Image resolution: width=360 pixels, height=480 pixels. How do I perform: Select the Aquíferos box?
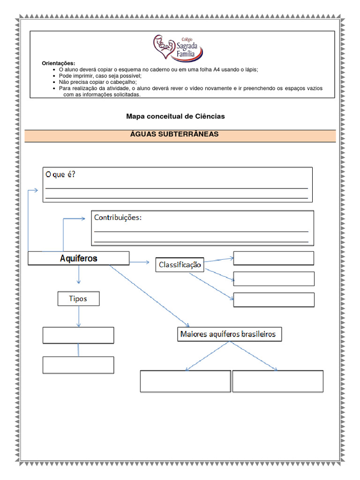(x=78, y=258)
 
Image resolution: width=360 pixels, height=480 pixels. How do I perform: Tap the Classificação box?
(x=180, y=265)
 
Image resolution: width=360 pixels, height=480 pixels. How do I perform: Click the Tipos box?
(x=78, y=299)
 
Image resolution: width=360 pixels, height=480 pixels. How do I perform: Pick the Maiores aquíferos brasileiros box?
(x=229, y=335)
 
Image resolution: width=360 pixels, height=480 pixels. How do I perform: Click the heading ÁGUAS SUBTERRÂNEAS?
(x=180, y=135)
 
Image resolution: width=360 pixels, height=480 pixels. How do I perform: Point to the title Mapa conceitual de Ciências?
(x=175, y=116)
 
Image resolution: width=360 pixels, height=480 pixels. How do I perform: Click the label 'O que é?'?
(x=60, y=175)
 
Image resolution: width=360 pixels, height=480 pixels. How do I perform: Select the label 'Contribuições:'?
(x=118, y=217)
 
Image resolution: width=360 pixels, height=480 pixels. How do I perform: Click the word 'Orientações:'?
(x=59, y=63)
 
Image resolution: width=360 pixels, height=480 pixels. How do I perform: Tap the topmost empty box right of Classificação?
(x=273, y=258)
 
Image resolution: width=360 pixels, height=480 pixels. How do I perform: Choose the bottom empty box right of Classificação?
(x=273, y=300)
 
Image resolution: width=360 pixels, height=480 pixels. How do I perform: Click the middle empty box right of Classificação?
(x=273, y=278)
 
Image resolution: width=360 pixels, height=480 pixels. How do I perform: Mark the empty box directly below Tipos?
(x=78, y=335)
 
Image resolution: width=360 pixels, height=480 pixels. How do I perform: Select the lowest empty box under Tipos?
(x=78, y=365)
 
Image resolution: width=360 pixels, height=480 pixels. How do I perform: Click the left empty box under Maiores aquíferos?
(x=185, y=381)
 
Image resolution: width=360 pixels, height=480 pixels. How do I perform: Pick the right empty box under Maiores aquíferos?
(x=277, y=381)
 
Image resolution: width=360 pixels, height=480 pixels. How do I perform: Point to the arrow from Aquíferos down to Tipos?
(x=78, y=275)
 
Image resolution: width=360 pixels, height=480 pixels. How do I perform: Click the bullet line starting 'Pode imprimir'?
(x=100, y=75)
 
